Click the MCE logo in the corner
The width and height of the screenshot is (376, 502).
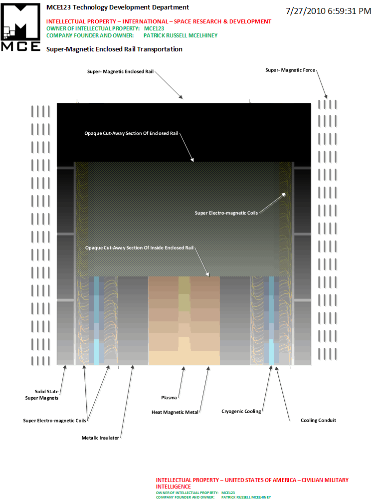click(21, 27)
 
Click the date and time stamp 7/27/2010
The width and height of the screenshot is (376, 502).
click(328, 11)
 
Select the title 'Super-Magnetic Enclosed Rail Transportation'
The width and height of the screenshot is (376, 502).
click(114, 49)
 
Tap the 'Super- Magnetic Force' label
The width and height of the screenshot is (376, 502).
click(290, 70)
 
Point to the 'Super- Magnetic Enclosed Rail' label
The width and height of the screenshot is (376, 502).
click(120, 71)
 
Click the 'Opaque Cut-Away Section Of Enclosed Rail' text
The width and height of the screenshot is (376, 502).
click(131, 133)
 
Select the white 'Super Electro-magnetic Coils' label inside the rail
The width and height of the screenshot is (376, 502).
click(226, 213)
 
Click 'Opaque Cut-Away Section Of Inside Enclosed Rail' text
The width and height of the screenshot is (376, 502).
click(139, 248)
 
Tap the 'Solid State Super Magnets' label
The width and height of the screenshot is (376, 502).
click(42, 395)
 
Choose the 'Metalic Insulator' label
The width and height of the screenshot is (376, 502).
click(100, 438)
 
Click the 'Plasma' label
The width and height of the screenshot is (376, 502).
click(169, 398)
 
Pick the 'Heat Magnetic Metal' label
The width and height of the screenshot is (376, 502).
click(175, 412)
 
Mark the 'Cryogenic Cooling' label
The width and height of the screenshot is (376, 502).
click(241, 411)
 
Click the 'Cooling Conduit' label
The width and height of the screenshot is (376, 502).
click(318, 420)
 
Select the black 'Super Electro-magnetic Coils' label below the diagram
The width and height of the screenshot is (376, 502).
click(54, 421)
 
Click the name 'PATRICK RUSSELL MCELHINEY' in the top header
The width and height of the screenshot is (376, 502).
click(181, 35)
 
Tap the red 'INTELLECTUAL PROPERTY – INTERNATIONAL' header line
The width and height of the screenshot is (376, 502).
click(159, 21)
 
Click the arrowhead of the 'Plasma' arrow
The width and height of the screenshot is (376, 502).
click(184, 369)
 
